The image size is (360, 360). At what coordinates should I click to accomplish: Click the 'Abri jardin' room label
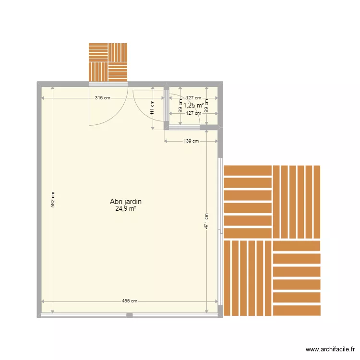(125, 202)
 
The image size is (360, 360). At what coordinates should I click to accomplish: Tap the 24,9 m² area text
(125, 209)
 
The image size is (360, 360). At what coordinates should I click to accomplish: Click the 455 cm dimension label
(130, 301)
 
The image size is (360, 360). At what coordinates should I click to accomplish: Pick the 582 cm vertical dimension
(53, 199)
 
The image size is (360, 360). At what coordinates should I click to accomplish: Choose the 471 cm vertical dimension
(206, 221)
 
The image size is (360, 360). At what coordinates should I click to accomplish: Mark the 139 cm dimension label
(191, 141)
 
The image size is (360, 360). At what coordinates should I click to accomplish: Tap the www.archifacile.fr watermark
(330, 349)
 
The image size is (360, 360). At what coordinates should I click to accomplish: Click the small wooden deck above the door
(108, 62)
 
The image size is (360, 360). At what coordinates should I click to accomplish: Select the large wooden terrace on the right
(272, 240)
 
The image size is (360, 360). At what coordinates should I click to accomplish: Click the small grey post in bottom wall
(129, 315)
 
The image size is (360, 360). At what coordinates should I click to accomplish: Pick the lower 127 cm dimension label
(193, 113)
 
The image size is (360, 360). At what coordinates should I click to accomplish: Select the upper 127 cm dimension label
(193, 98)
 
